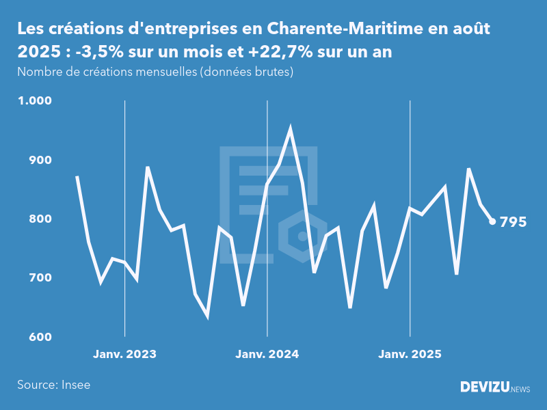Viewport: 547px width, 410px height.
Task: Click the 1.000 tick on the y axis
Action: tap(34, 100)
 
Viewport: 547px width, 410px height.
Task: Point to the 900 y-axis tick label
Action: tap(40, 160)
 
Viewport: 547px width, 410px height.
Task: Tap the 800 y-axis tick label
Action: tap(40, 219)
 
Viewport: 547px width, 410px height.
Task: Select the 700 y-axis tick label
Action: tap(40, 278)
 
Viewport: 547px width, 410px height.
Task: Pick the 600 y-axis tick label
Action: tap(40, 338)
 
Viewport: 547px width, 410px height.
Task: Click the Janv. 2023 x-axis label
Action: tap(124, 354)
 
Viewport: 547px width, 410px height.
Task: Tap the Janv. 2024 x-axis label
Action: tap(267, 354)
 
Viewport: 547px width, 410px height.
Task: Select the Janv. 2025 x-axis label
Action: tap(410, 354)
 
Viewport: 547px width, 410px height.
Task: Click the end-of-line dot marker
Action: tap(492, 221)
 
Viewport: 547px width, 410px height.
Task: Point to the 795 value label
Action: tap(513, 222)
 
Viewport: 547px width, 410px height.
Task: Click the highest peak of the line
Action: tap(291, 128)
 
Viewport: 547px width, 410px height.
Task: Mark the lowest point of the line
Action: tap(207, 316)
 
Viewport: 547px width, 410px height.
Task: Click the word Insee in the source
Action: tap(75, 385)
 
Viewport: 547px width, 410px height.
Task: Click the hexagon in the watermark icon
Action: tap(302, 237)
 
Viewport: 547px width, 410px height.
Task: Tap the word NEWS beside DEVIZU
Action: tap(520, 389)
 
